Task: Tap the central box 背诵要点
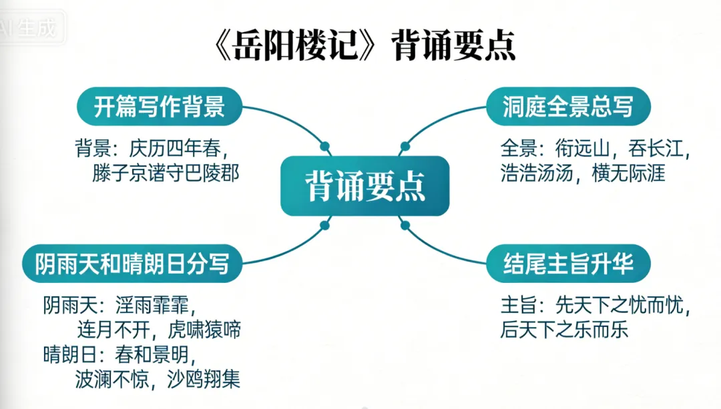(x=365, y=185)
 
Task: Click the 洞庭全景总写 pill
(x=567, y=106)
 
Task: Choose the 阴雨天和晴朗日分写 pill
(x=132, y=264)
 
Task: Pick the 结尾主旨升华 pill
(x=567, y=264)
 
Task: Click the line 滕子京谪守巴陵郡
(x=165, y=173)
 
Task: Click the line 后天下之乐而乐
(x=565, y=330)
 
